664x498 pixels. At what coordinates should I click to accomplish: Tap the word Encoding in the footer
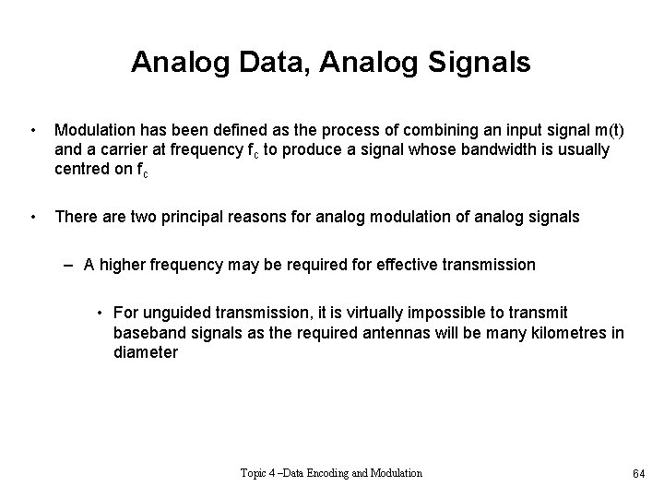[340, 473]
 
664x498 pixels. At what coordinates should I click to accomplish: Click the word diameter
[146, 351]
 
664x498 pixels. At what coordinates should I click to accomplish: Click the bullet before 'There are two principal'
[33, 217]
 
